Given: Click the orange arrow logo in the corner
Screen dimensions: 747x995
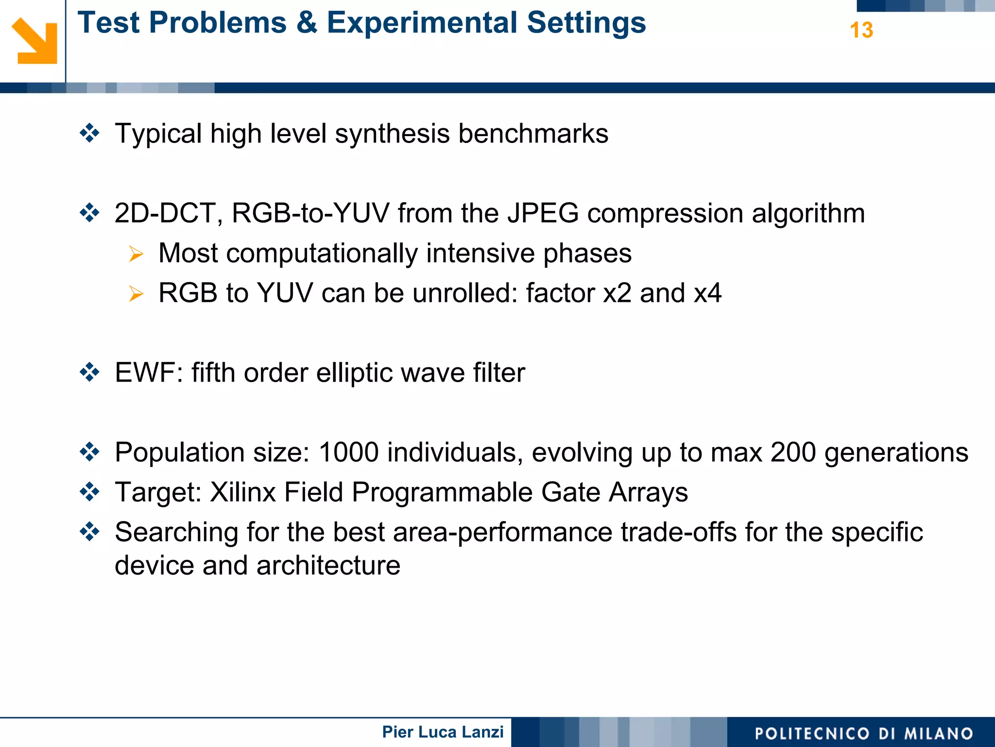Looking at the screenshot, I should click(34, 41).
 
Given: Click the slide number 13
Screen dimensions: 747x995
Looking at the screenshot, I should click(861, 30).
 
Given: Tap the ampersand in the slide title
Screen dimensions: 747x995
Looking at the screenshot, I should click(306, 23).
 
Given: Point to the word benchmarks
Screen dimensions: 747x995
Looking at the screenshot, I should click(533, 134).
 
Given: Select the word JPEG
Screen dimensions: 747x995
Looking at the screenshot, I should click(543, 213).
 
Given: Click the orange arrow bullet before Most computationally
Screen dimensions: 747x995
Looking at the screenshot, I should click(136, 254).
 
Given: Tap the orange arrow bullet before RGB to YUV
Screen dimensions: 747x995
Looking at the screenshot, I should click(136, 294).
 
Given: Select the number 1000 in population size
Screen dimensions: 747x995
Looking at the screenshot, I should click(348, 452).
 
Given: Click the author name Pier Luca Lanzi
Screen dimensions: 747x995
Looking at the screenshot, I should click(443, 732).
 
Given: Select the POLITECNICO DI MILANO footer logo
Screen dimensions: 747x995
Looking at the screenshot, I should click(864, 733).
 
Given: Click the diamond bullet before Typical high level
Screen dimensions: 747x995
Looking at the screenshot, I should click(90, 133).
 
